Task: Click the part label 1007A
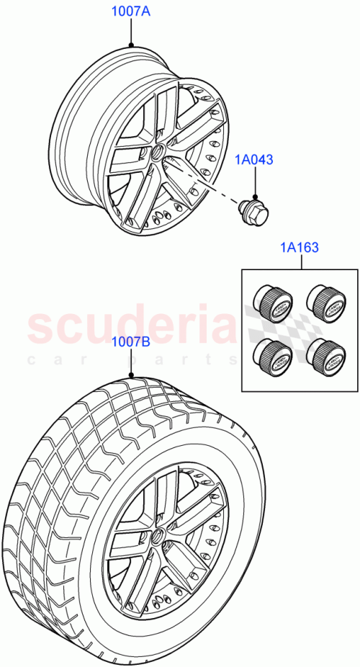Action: click(130, 12)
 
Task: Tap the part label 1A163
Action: click(300, 248)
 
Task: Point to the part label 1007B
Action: click(130, 342)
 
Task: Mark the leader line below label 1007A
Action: click(130, 32)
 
